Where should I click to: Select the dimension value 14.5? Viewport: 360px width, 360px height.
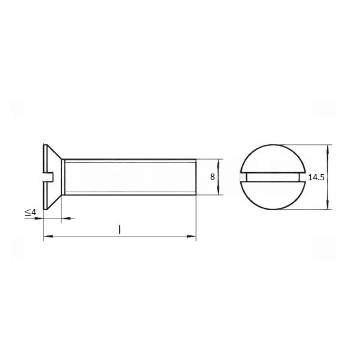point(316,177)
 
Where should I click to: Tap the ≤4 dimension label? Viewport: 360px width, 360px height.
point(31,212)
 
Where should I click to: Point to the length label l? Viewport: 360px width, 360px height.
point(120,230)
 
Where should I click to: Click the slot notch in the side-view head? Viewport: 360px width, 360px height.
point(48,176)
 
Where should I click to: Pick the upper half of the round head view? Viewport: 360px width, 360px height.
point(273,158)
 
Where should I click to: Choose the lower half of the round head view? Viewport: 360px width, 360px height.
point(273,195)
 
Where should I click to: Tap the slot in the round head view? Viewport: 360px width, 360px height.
point(273,177)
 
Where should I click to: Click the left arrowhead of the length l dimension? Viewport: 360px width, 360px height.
point(48,236)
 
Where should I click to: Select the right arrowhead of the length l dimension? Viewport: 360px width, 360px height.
point(192,236)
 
